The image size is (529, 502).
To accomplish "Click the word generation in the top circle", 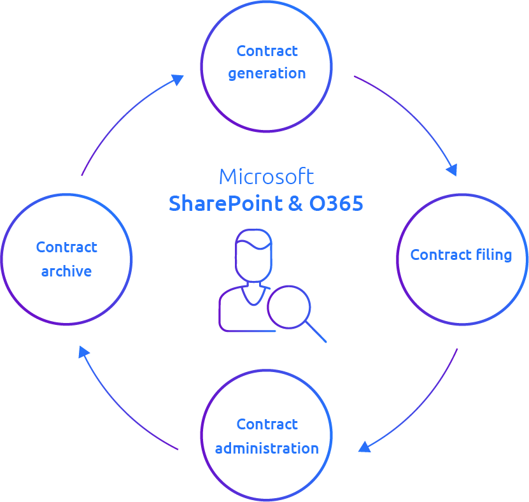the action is point(267,74).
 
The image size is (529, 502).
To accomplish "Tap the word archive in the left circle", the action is point(66,271).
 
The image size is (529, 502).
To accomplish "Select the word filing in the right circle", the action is point(494,255).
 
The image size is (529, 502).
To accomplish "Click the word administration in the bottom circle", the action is point(267,448).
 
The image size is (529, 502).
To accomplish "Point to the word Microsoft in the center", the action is point(267,176).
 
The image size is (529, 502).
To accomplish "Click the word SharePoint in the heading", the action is point(226,203).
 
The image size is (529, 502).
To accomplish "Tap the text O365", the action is point(336,203).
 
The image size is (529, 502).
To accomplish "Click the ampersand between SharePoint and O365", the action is point(295,204).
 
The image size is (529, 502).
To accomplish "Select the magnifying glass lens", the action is point(289,307).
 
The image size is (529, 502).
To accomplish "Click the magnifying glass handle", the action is point(316,332).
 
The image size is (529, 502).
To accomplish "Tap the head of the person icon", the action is point(254,255).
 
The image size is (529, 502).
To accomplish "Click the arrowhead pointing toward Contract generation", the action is point(178,80).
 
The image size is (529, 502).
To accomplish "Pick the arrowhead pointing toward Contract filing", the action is point(452,169).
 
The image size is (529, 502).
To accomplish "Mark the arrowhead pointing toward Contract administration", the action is point(364,447).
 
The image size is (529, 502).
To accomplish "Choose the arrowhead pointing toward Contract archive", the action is point(83,352).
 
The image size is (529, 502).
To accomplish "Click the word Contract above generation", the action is point(267,51).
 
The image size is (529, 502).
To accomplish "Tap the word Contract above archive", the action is point(66,247).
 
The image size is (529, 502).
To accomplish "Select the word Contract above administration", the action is point(267,424).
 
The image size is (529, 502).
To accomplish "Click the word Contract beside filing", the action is point(441,255).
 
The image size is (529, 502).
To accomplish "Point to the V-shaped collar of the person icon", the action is point(254,296).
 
